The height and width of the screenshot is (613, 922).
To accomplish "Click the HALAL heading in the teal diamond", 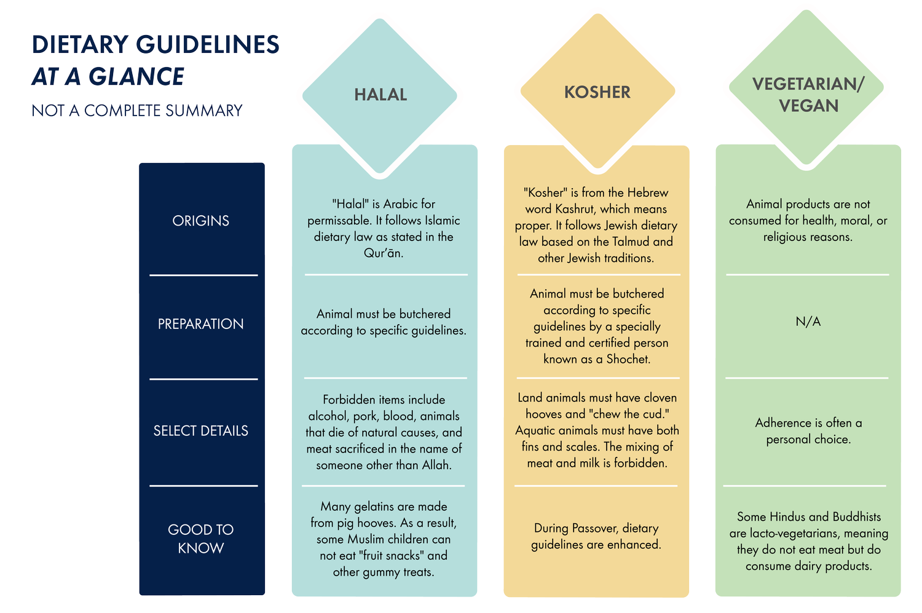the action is [380, 95].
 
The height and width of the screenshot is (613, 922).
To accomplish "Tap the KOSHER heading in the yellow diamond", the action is [597, 92].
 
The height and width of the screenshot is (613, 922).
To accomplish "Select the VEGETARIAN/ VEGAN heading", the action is [808, 95].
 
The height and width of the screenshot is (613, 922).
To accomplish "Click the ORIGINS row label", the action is [201, 221].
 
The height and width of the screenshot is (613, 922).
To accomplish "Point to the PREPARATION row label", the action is [201, 324].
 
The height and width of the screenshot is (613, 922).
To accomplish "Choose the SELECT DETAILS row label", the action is [201, 430].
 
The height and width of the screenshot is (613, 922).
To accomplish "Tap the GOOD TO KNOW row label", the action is [201, 539].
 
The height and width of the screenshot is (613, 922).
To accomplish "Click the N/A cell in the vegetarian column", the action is [808, 322].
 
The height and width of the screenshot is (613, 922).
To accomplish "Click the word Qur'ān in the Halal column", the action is [383, 253].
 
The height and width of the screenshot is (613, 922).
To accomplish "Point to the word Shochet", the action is [628, 359].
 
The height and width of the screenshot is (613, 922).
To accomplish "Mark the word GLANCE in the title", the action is [136, 77].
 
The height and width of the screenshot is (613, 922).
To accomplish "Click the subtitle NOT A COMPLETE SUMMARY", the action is [137, 111].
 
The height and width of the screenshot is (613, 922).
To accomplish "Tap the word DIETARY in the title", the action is [81, 44].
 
